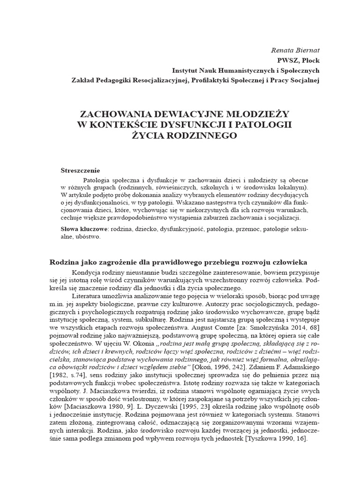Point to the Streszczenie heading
[81, 169]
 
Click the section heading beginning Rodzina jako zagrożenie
[178, 261]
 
